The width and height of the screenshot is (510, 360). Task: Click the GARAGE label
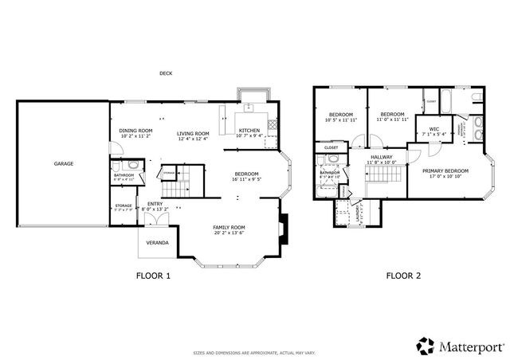pos(64,163)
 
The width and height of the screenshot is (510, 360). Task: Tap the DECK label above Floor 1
pos(166,73)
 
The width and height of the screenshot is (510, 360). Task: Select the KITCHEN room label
pos(249,130)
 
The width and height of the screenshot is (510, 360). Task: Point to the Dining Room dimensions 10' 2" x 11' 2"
pos(135,136)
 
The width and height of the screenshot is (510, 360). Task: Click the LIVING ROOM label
pos(193,133)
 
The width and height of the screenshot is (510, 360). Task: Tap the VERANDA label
pos(156,242)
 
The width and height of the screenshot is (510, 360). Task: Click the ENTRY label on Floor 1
pos(155,203)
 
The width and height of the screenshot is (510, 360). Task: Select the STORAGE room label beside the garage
pos(124,205)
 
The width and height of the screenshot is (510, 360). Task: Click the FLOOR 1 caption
pos(153,276)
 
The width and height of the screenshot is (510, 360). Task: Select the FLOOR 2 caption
pos(403,276)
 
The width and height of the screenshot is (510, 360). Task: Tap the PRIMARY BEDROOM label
pos(445,170)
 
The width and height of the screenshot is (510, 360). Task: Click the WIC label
pos(433,128)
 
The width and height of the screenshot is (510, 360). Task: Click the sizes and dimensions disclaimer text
pos(254,352)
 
